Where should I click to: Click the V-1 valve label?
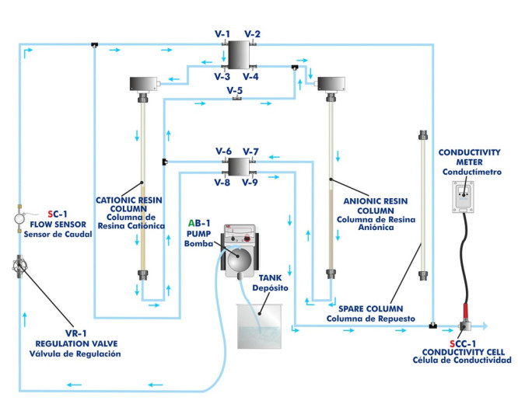(222, 33)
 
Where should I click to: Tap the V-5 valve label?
(236, 90)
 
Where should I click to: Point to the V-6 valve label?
(223, 151)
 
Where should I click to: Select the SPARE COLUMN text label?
(367, 308)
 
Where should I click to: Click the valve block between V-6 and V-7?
(236, 165)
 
